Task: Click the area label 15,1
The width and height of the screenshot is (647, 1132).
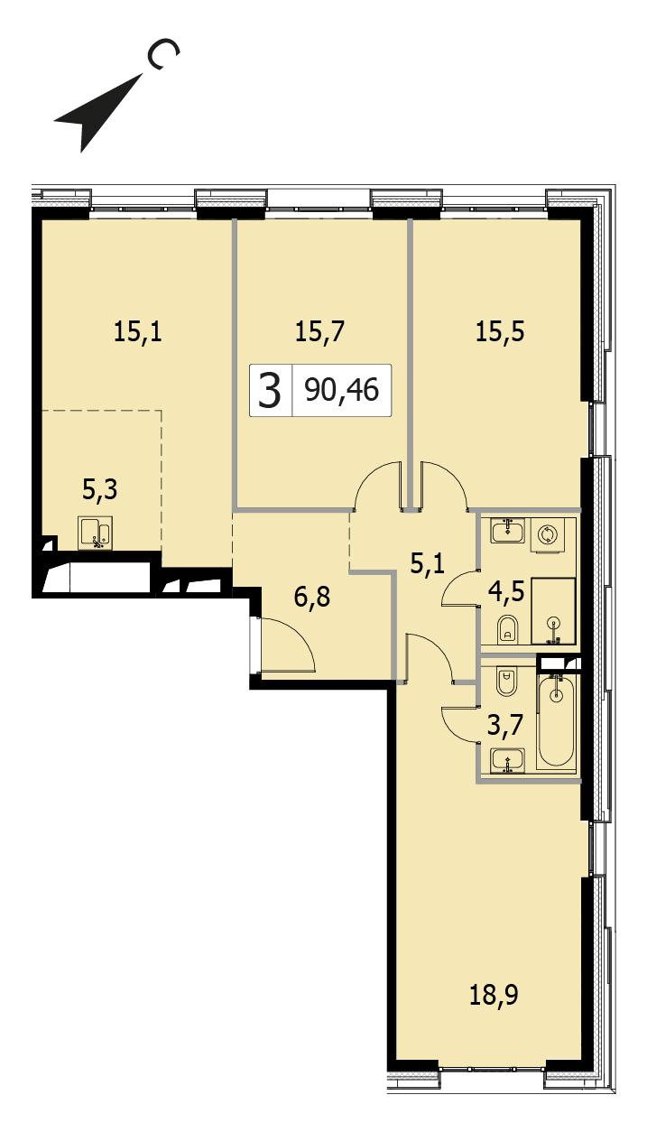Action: pyautogui.click(x=137, y=332)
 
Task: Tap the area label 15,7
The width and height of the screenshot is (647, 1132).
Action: pyautogui.click(x=319, y=332)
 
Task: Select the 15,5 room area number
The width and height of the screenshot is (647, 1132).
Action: pyautogui.click(x=500, y=332)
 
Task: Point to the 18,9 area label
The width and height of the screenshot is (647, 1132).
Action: pyautogui.click(x=494, y=995)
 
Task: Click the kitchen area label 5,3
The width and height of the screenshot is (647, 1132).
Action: pyautogui.click(x=100, y=489)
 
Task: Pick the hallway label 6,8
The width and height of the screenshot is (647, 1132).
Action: pyautogui.click(x=312, y=597)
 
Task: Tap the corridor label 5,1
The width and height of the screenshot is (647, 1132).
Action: pyautogui.click(x=428, y=563)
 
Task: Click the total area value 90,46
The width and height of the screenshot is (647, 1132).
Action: pyautogui.click(x=342, y=390)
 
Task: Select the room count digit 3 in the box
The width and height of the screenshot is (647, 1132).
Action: pyautogui.click(x=270, y=390)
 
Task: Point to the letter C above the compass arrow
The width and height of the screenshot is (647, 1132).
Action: pyautogui.click(x=162, y=53)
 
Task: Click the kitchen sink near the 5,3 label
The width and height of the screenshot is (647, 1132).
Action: pyautogui.click(x=95, y=533)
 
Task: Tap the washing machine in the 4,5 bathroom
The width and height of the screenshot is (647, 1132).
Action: pyautogui.click(x=547, y=534)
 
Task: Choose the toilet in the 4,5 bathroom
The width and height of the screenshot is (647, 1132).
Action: pyautogui.click(x=508, y=629)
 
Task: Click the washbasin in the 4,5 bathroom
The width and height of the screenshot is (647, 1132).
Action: pyautogui.click(x=508, y=531)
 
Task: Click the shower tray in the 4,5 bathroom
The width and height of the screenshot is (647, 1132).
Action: pyautogui.click(x=553, y=611)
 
